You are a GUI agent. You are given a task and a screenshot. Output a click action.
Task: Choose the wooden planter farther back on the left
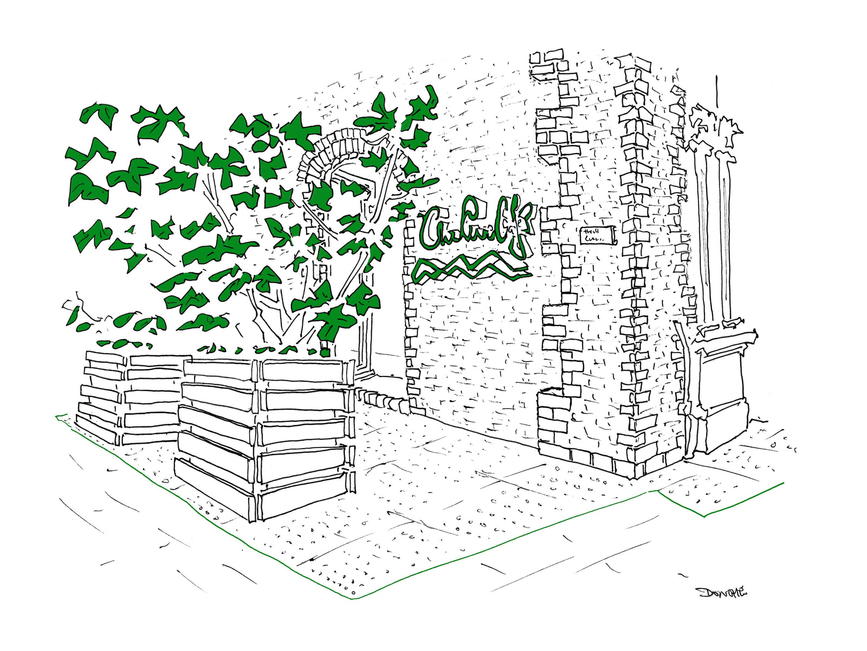pos(130,396)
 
